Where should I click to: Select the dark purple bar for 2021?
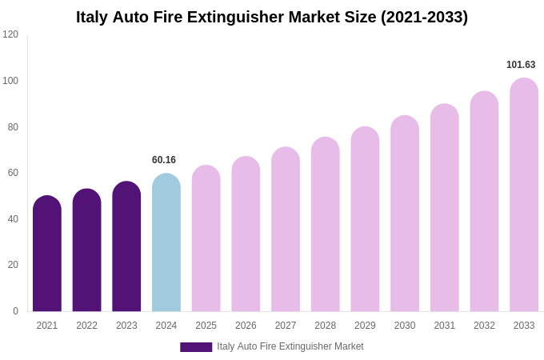[x=47, y=254]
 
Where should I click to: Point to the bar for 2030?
[x=405, y=214]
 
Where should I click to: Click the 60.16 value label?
[x=164, y=160]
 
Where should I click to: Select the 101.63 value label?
[x=521, y=65]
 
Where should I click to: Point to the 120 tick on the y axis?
[x=10, y=34]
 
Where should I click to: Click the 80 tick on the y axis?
[x=10, y=126]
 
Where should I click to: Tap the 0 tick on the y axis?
[x=15, y=311]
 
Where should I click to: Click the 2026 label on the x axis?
[x=246, y=326]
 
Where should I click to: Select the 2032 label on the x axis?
[x=484, y=326]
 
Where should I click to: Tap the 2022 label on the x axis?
[x=86, y=326]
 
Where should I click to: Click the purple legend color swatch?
[x=196, y=347]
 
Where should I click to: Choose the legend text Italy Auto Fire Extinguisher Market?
[x=290, y=346]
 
